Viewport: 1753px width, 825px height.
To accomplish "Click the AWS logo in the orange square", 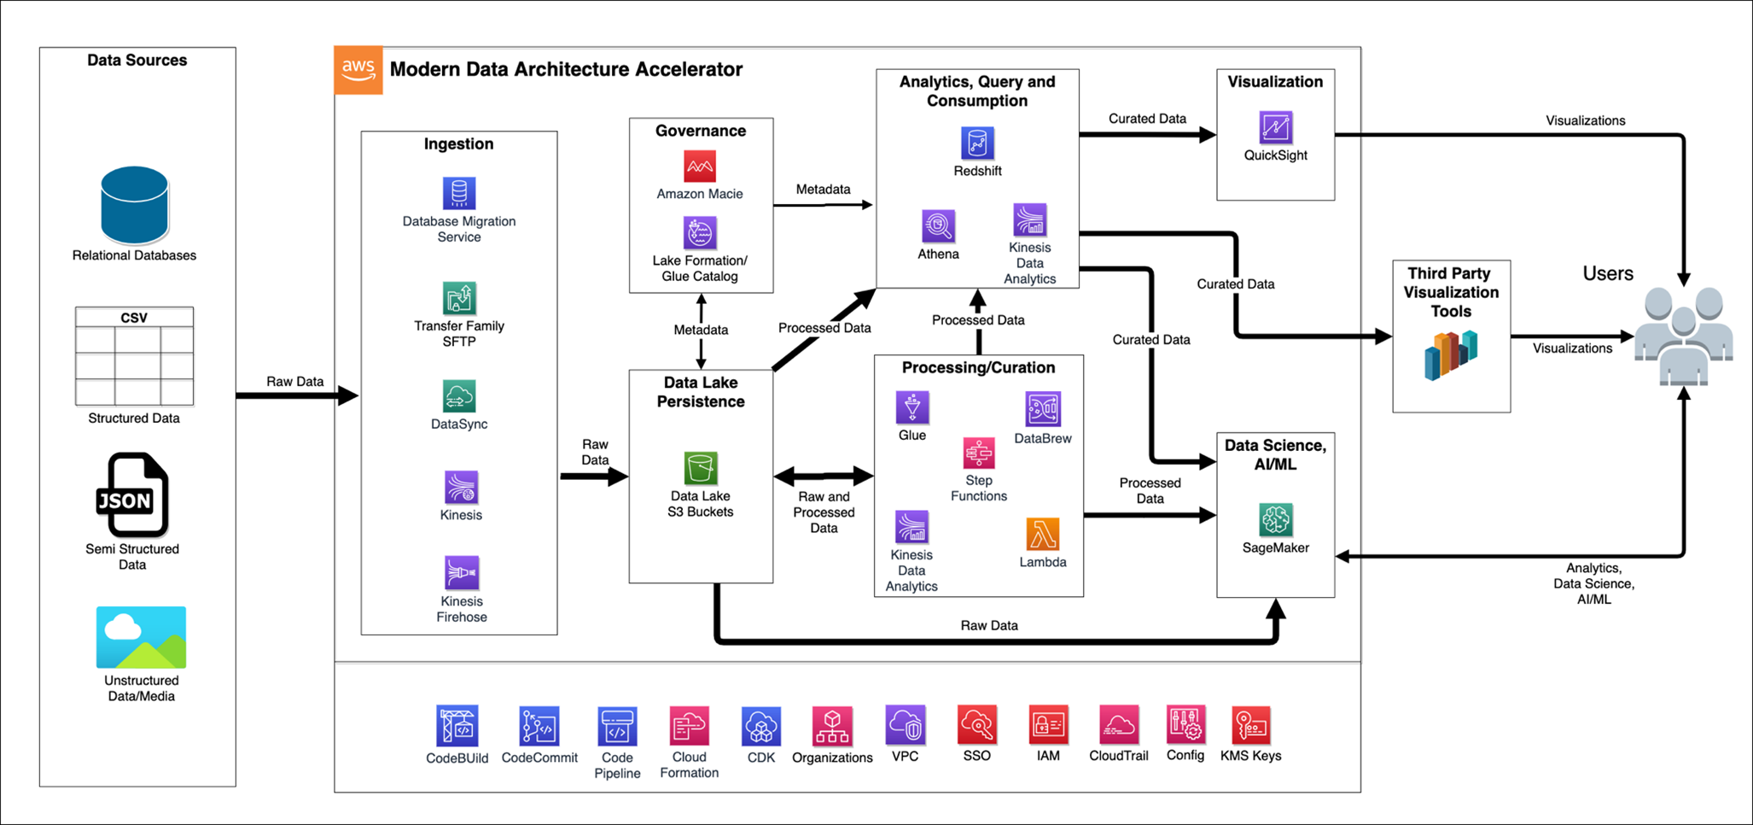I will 358,70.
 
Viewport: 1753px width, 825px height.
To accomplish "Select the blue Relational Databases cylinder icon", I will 134,205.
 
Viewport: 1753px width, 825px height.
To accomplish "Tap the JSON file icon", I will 131,494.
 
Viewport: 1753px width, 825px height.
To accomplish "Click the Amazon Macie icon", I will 700,167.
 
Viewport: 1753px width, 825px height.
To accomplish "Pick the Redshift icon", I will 977,143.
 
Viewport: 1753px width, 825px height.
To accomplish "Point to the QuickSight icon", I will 1275,128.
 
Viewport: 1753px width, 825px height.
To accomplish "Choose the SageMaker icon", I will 1275,519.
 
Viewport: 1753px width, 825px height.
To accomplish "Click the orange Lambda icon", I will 1042,535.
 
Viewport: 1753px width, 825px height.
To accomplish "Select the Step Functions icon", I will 978,453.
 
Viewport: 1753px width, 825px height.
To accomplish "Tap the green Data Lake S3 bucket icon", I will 701,468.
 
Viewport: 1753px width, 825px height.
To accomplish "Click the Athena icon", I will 938,226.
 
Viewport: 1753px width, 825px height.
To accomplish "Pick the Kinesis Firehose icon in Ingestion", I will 461,573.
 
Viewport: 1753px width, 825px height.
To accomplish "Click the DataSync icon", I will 459,396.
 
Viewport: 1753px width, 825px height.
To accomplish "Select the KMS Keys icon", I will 1250,725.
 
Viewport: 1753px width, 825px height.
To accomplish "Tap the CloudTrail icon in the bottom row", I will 1118,725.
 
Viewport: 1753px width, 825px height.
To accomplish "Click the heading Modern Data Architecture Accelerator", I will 566,69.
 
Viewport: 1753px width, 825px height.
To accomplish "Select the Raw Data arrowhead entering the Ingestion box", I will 348,395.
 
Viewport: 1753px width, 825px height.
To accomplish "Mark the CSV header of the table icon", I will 134,318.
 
